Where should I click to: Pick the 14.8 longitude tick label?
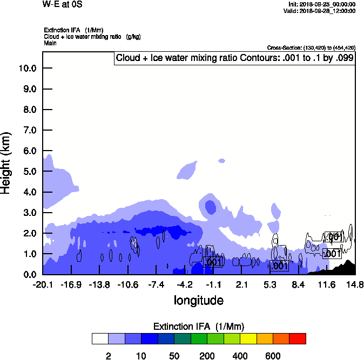355,284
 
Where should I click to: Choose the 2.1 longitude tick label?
241,284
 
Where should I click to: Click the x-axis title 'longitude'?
198,300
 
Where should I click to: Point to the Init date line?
322,4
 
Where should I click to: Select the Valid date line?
321,10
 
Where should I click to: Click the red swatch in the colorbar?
297,338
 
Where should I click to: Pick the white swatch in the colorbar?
100,338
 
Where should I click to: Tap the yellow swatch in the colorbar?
248,338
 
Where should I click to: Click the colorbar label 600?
273,356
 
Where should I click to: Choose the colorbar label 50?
174,356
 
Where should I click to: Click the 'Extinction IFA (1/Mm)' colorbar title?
199,327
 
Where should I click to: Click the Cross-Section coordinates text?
311,48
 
